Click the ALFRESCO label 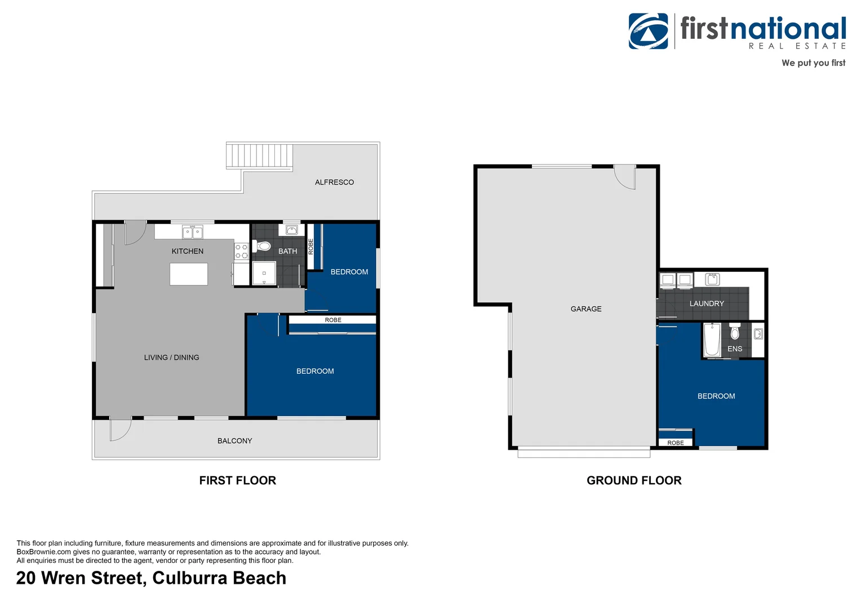[x=334, y=182]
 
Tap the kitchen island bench [x=189, y=274]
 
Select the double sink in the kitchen [x=192, y=233]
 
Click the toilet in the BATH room [x=261, y=245]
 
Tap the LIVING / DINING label [x=171, y=357]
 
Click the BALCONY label [x=235, y=441]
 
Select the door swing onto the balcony [x=121, y=430]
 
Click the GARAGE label [x=586, y=309]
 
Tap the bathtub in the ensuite [x=712, y=340]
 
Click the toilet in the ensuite [x=735, y=331]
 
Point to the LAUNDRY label [x=707, y=303]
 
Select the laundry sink [x=712, y=279]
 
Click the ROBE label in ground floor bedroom [x=676, y=443]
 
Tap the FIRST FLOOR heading [x=238, y=480]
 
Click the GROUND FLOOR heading [x=634, y=480]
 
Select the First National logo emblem [x=649, y=31]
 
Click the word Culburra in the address [x=189, y=578]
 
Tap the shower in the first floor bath [x=264, y=273]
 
